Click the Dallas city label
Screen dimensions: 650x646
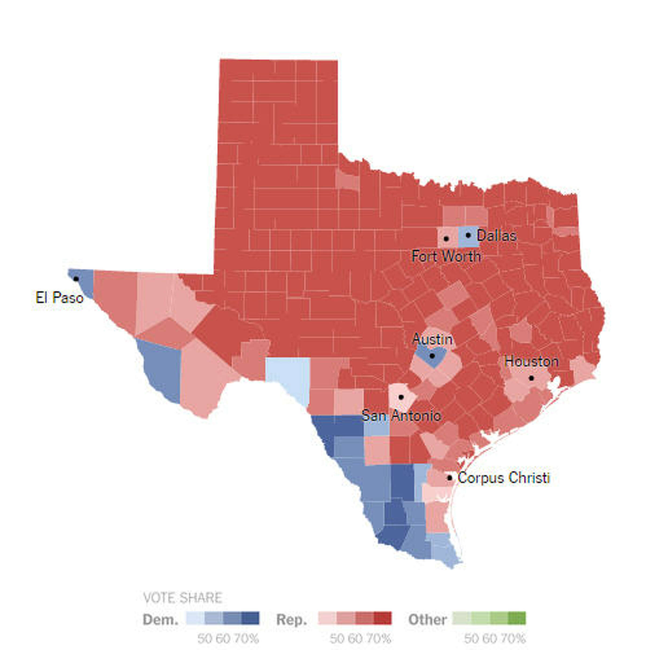496,236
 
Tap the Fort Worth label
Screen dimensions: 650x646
446,257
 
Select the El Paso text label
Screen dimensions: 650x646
59,298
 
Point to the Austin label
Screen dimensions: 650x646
432,339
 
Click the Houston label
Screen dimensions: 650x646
531,362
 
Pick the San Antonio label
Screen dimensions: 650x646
401,416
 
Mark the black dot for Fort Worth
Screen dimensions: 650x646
446,239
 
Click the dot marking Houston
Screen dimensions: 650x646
531,378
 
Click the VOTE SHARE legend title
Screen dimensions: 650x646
182,598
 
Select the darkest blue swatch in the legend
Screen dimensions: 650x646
251,618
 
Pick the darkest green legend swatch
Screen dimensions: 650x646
517,618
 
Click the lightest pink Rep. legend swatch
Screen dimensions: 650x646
327,618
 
